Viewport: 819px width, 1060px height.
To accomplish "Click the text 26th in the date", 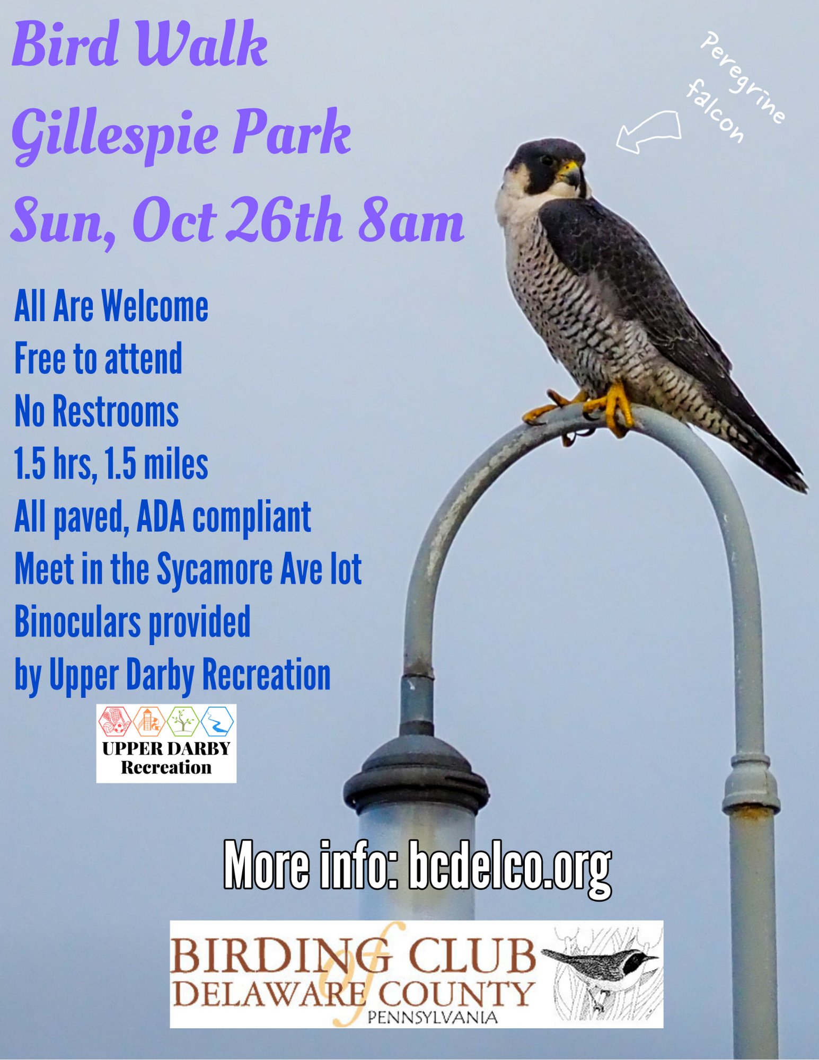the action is (284, 220).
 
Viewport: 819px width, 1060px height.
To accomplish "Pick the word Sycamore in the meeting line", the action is (215, 570).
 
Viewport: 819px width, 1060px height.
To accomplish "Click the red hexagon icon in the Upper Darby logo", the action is (114, 721).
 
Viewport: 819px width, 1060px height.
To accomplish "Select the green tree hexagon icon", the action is (183, 721).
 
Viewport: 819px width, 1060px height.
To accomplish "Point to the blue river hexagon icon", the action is (217, 721).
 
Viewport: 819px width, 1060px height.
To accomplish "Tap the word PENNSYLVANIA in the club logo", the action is (433, 1017).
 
